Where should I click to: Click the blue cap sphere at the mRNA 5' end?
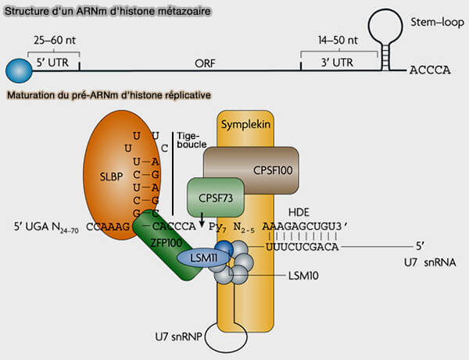click(x=19, y=71)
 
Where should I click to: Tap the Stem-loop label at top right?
click(x=437, y=23)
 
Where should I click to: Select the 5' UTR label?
click(x=52, y=62)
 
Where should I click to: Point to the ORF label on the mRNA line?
click(x=205, y=63)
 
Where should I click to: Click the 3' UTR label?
click(x=337, y=62)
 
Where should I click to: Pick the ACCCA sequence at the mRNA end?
click(x=430, y=70)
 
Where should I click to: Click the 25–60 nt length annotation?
click(x=55, y=40)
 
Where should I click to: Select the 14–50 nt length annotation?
click(x=338, y=40)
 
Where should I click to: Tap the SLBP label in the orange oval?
click(x=111, y=176)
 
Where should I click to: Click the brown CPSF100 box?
click(x=251, y=170)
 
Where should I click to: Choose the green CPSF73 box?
click(x=216, y=198)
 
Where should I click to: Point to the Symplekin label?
click(x=245, y=124)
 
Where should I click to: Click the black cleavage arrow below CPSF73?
click(x=202, y=219)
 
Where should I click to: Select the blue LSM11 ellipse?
click(x=204, y=258)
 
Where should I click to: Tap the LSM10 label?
click(x=303, y=276)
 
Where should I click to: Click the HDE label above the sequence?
click(x=299, y=212)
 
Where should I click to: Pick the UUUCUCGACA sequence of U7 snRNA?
click(x=302, y=247)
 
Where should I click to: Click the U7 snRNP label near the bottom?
click(x=178, y=337)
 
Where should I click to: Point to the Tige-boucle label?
click(x=192, y=140)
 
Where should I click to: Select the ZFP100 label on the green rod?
click(x=166, y=243)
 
